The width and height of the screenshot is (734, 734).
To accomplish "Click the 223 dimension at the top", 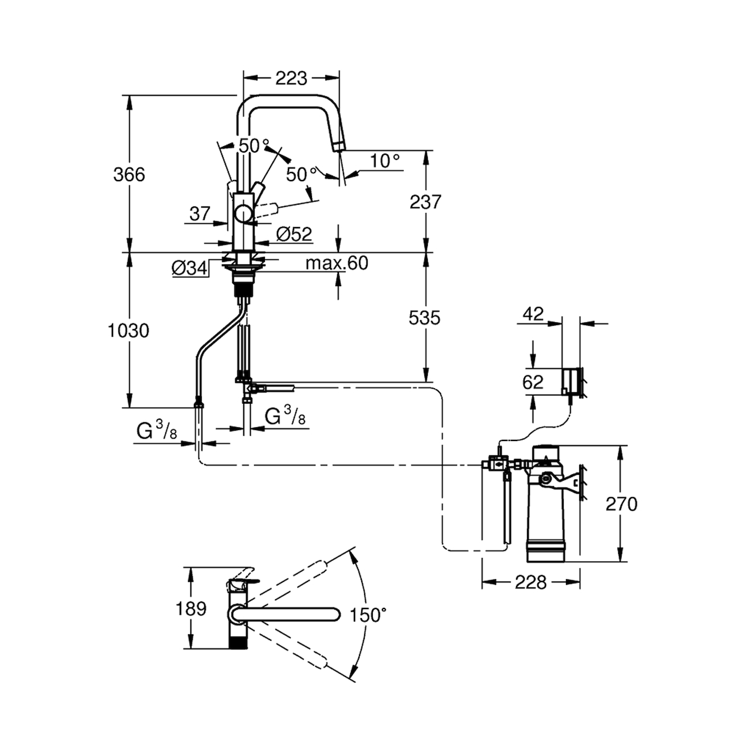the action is click(291, 78).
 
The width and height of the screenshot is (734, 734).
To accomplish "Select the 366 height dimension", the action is click(129, 174).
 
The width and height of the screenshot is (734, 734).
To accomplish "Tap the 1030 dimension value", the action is click(128, 331).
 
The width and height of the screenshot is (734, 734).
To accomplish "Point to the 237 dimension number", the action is click(425, 201).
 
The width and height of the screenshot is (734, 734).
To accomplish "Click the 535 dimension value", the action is click(424, 317).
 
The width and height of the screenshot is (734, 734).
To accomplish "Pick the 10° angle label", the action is click(385, 161).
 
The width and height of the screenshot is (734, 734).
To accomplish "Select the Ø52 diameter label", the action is click(294, 234).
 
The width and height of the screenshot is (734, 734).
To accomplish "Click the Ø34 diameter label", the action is click(190, 268).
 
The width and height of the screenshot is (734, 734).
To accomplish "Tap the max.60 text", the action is click(337, 263).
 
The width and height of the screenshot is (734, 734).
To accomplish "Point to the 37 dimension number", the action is click(200, 214).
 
